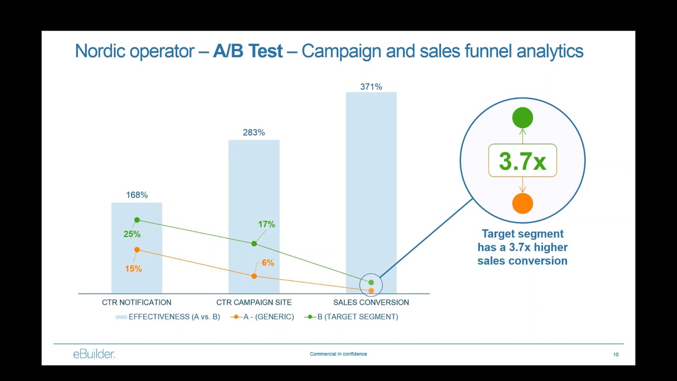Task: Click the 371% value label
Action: pos(371,87)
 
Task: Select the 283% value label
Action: pos(254,132)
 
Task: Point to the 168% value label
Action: pos(136,195)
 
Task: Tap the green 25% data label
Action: pos(132,234)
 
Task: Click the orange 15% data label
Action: pos(133,269)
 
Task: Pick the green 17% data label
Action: pos(267,224)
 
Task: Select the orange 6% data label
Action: pos(268,262)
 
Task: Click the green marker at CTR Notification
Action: pos(137,220)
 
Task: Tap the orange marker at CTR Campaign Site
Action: pos(254,276)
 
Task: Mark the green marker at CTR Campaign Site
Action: pos(254,243)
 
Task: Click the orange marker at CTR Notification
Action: pos(137,250)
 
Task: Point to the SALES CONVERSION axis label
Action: pos(371,303)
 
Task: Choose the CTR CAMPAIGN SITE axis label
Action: pos(254,303)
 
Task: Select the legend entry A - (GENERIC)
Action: pos(264,317)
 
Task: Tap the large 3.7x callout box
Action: pos(523,160)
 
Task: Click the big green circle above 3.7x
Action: pos(523,117)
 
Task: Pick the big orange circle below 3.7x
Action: pos(523,203)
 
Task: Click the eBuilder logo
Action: pos(94,354)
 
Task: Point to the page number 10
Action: pos(616,355)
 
